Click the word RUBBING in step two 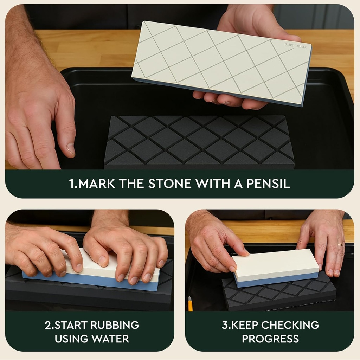coord(115,325)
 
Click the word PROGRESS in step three coord(270,339)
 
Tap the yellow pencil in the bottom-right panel coord(190,304)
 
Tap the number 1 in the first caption coord(72,184)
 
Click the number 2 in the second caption coord(47,325)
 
